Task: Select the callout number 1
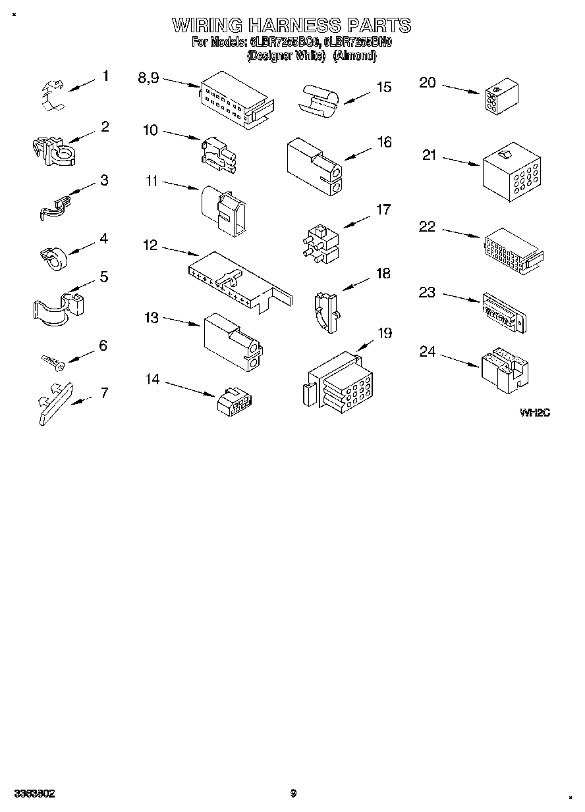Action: tap(105, 76)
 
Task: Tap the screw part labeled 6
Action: tap(51, 361)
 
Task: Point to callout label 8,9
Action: tap(148, 77)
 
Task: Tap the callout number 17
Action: tap(383, 210)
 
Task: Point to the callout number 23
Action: tap(428, 292)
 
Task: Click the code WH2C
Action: tap(534, 413)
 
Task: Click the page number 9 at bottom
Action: tap(293, 794)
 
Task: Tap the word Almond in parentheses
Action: tap(354, 57)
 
